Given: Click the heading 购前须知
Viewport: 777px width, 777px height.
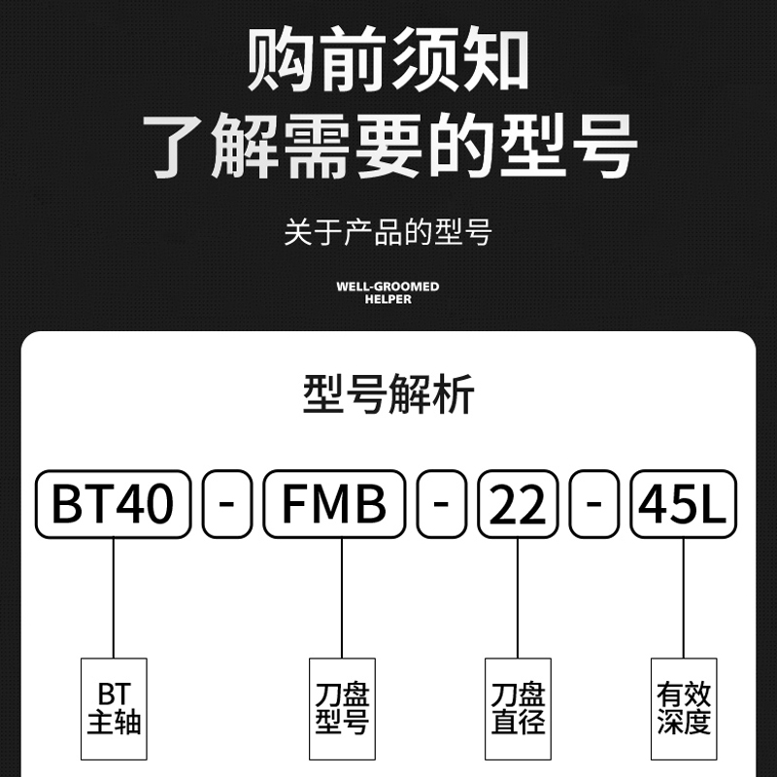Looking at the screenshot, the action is click(x=388, y=60).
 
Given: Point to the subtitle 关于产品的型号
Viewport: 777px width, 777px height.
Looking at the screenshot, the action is click(x=388, y=233).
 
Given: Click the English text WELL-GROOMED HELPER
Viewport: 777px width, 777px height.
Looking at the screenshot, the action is click(x=388, y=292).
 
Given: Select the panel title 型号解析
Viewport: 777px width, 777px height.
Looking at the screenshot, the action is click(x=388, y=396).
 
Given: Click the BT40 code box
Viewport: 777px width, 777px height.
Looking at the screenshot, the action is click(x=113, y=503).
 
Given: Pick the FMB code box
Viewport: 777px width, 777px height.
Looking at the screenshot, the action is click(x=334, y=503).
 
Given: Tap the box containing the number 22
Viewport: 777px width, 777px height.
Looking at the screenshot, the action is click(x=518, y=503).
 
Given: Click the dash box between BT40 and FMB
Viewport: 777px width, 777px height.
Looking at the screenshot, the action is click(x=227, y=503).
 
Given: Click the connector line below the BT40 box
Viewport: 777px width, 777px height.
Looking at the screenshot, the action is click(x=114, y=597).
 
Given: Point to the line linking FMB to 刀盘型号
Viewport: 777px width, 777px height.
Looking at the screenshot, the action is click(x=342, y=597).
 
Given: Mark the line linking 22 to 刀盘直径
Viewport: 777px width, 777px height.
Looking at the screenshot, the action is click(x=518, y=597).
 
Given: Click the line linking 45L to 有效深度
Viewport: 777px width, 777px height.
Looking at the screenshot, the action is click(x=684, y=597).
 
